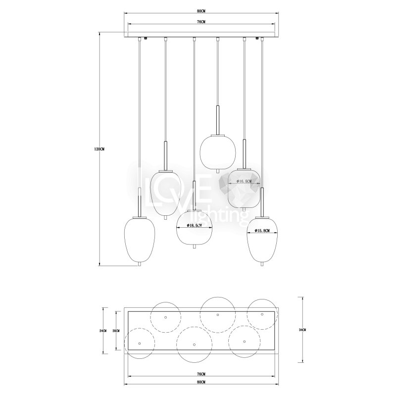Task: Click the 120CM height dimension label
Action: [x=99, y=149]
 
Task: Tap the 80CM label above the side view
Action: [x=201, y=11]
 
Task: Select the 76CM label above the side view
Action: [x=201, y=22]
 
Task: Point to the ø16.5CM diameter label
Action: [x=244, y=181]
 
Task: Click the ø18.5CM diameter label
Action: [x=195, y=226]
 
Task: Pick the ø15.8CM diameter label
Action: [x=262, y=231]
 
